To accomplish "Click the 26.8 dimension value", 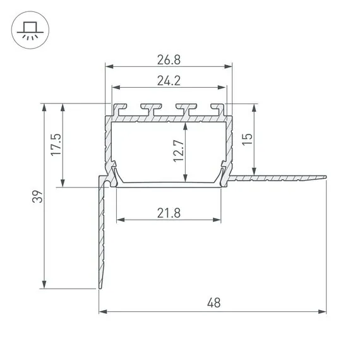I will pyautogui.click(x=169, y=59).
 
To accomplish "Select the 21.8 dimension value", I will pyautogui.click(x=169, y=213).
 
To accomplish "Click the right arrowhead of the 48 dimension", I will pyautogui.click(x=323, y=311).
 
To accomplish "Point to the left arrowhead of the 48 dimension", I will pyautogui.click(x=102, y=311).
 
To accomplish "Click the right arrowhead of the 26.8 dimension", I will pyautogui.click(x=229, y=66).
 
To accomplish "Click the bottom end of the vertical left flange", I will pyautogui.click(x=100, y=287).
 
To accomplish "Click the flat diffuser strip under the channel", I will pyautogui.click(x=169, y=185).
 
